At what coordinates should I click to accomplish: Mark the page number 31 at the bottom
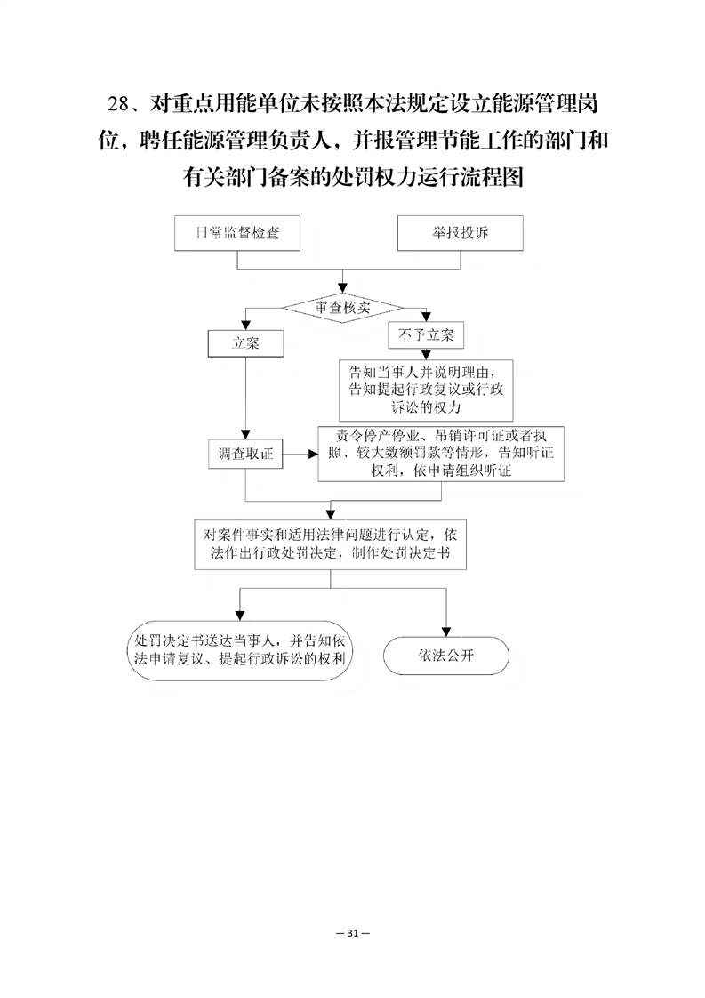tap(352, 933)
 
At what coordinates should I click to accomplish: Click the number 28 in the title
tap(119, 103)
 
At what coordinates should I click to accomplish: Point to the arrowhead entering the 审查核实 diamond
tap(342, 289)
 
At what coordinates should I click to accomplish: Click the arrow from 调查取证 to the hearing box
tap(300, 454)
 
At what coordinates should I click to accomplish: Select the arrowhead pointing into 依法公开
tap(446, 632)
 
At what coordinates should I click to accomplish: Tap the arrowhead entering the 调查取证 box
tap(245, 435)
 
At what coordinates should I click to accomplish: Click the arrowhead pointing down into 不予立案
tap(427, 317)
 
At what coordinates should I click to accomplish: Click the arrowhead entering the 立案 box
tap(245, 325)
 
